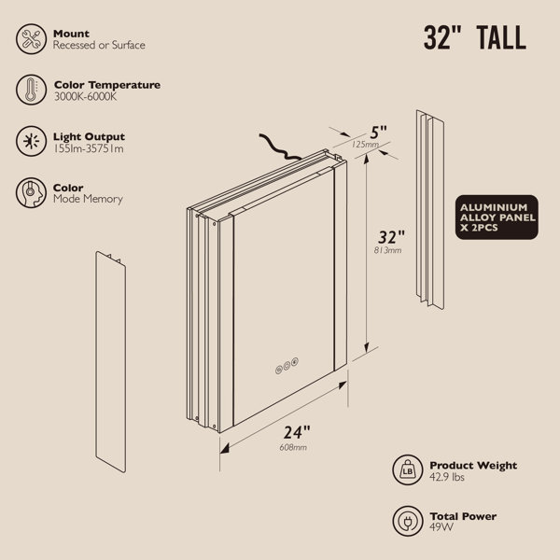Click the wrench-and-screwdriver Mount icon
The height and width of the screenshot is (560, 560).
31,39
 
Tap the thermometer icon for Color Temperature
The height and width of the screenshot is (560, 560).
31,90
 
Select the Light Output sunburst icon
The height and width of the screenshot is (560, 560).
31,141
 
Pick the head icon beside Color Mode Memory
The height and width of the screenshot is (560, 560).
31,193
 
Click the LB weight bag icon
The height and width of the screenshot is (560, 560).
408,470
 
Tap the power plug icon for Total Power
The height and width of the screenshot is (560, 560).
408,521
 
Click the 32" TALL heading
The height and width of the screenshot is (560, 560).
475,37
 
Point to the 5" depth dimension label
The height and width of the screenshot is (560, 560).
378,133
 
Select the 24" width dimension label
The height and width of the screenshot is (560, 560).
297,432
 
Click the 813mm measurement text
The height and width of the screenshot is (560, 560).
387,250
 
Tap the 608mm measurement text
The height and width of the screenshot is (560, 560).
293,447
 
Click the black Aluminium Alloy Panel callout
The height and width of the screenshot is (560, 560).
497,217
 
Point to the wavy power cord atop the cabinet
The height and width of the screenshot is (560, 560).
279,147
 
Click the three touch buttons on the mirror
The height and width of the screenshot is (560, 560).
287,366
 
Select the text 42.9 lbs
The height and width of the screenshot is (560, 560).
447,477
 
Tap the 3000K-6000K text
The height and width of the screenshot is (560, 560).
85,96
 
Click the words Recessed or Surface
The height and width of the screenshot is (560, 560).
99,45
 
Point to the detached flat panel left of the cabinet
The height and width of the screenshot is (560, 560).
111,362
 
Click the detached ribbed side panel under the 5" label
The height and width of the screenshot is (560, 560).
430,210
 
